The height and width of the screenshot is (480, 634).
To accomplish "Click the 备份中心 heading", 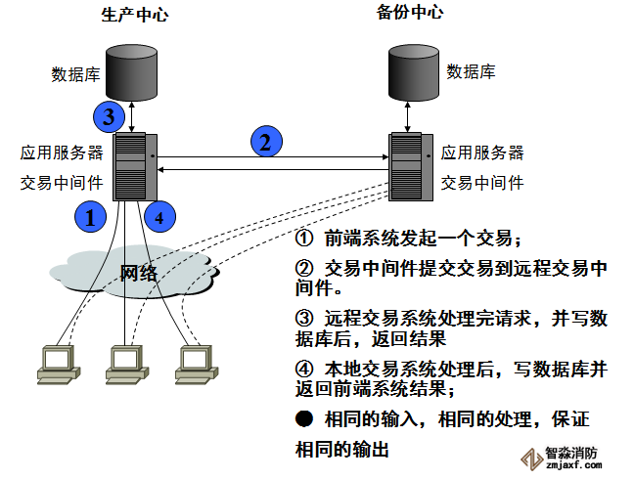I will (x=409, y=13).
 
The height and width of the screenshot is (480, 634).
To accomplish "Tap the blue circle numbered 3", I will (x=110, y=117).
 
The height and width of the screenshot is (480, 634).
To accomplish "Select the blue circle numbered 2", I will (x=264, y=142).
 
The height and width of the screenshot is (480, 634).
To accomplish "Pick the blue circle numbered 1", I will (x=90, y=216).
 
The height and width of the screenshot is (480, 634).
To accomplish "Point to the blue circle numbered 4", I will (x=159, y=216).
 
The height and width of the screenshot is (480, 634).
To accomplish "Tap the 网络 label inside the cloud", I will (x=138, y=272).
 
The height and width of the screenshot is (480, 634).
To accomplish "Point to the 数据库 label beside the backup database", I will (x=471, y=71).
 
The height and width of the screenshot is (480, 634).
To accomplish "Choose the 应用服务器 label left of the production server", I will (x=62, y=153).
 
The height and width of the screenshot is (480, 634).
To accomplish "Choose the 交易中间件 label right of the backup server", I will (x=482, y=182).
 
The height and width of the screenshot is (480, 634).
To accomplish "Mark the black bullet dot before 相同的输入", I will (x=303, y=418).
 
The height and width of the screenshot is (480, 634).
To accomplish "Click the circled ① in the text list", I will (x=304, y=239).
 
